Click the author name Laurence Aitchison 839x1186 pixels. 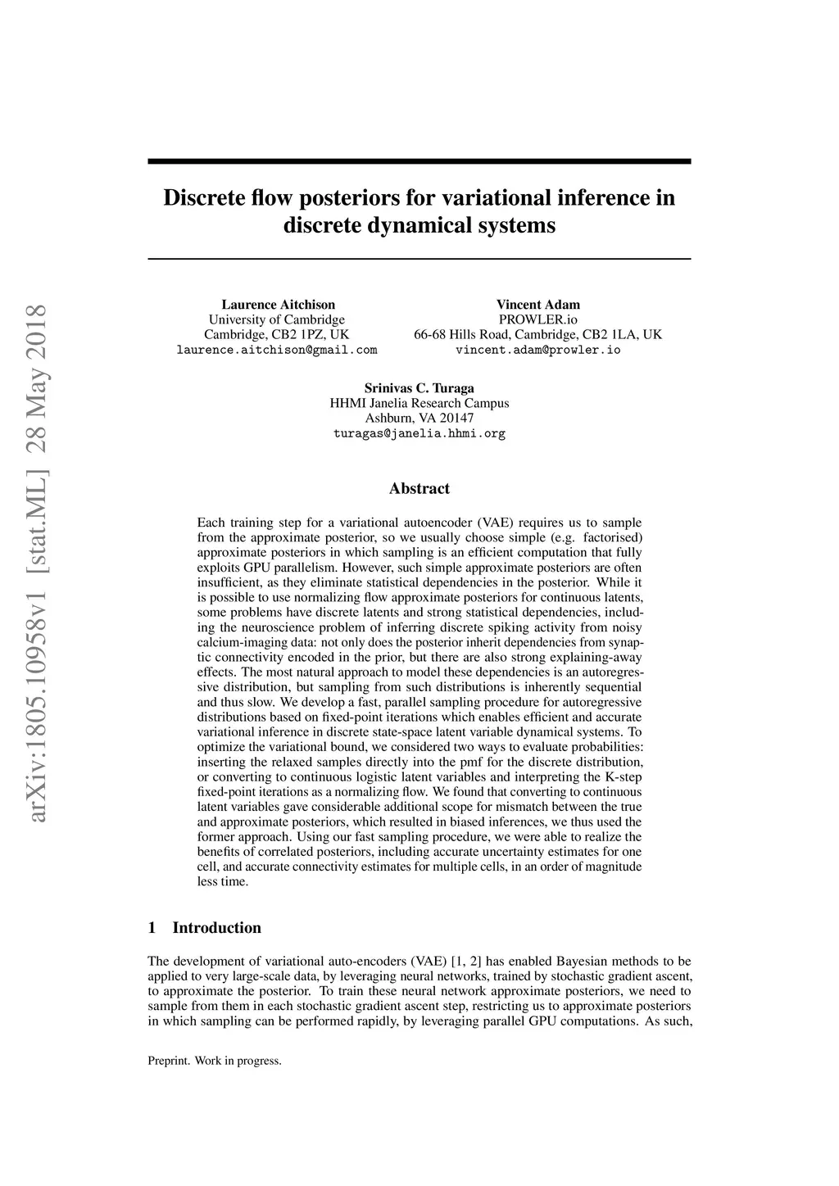278,305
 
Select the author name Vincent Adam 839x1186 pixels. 537,305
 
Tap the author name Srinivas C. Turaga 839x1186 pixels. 419,388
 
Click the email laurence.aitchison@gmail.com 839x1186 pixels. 277,350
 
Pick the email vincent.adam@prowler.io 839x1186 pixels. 537,350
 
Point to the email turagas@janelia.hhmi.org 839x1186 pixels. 419,433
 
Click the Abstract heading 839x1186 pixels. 419,489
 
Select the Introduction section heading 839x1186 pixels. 216,928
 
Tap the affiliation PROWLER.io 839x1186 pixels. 537,319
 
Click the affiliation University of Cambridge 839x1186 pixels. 277,319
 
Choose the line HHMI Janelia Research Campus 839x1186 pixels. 419,403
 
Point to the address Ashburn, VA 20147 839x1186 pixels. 419,418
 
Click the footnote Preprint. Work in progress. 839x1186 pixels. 215,1061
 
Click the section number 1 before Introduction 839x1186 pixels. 152,928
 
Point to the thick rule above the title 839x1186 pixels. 419,161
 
